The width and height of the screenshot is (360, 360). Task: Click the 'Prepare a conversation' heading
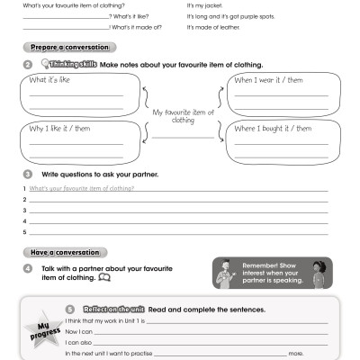[58, 46]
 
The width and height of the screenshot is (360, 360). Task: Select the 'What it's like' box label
[51, 81]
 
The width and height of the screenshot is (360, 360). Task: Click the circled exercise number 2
[28, 65]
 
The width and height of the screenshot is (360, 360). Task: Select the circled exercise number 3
[28, 174]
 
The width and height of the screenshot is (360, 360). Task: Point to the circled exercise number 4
[28, 268]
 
